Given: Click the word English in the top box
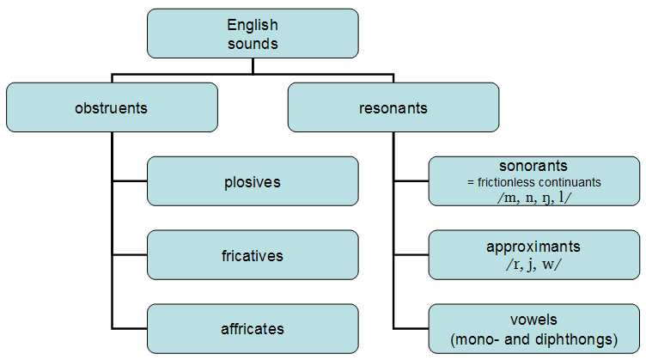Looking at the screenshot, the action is pos(253,26).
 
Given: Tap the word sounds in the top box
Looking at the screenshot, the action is pos(253,44).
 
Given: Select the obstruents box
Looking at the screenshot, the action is pos(112,107).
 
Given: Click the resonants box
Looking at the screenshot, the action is pos(393,107).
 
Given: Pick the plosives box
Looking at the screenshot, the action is pos(253,180).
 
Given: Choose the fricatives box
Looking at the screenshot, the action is pos(253,255).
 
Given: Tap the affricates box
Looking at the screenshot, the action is pos(253,329).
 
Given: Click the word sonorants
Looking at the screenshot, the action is pos(533,166).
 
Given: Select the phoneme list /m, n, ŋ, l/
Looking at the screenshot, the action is pos(534,198).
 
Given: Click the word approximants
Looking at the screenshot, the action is pos(533,247).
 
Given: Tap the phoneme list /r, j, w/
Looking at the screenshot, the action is pos(533,264).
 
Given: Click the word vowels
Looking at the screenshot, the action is pos(533,320).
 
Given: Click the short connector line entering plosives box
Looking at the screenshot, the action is pos(130,180).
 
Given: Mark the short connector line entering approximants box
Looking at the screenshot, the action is pos(411,255).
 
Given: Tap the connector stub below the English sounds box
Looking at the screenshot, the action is pos(253,66).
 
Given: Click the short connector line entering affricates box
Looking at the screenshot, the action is pos(130,329).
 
